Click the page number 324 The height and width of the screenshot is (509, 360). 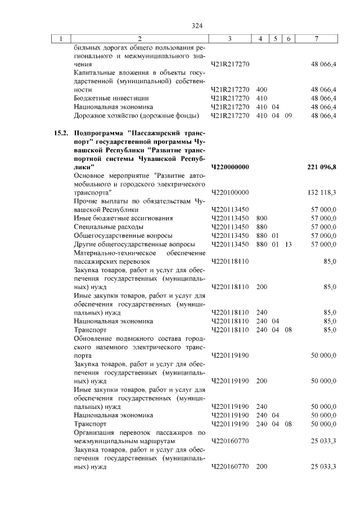(x=196, y=25)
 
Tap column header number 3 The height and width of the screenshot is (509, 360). (x=230, y=38)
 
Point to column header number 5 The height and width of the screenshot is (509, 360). (x=275, y=38)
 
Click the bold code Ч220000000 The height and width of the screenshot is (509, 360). (x=230, y=167)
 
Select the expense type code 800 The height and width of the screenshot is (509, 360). (x=261, y=218)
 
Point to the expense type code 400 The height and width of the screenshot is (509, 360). (x=261, y=89)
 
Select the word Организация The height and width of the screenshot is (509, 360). (x=96, y=432)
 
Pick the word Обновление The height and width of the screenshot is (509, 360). (x=94, y=339)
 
